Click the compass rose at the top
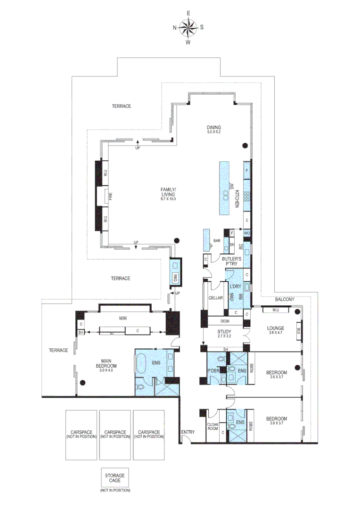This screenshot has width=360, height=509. coord(188,27)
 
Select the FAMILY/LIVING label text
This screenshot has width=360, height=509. coord(168,191)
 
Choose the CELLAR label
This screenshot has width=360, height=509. coord(215,298)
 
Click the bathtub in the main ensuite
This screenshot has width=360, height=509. coord(141,367)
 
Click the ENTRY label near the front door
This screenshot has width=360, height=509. coord(187,432)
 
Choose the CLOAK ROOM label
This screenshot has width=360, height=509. coord(213,426)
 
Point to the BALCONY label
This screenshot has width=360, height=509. coord(285,299)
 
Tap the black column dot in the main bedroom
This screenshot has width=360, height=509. coord(82,382)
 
